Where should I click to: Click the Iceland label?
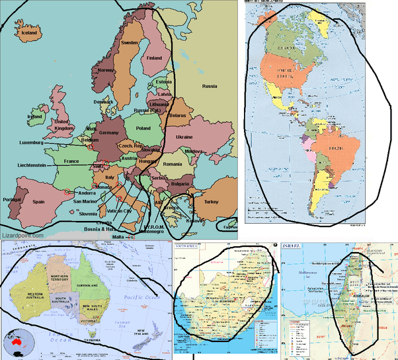30,32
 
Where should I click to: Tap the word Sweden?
129,43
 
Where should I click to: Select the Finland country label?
154,58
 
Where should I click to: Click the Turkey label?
211,201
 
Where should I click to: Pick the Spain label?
40,201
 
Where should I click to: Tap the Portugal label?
13,199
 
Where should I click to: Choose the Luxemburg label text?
31,142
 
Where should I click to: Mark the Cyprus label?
229,228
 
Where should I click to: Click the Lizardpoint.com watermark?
22,235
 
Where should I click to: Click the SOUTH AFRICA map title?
188,246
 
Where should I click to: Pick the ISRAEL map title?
292,246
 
